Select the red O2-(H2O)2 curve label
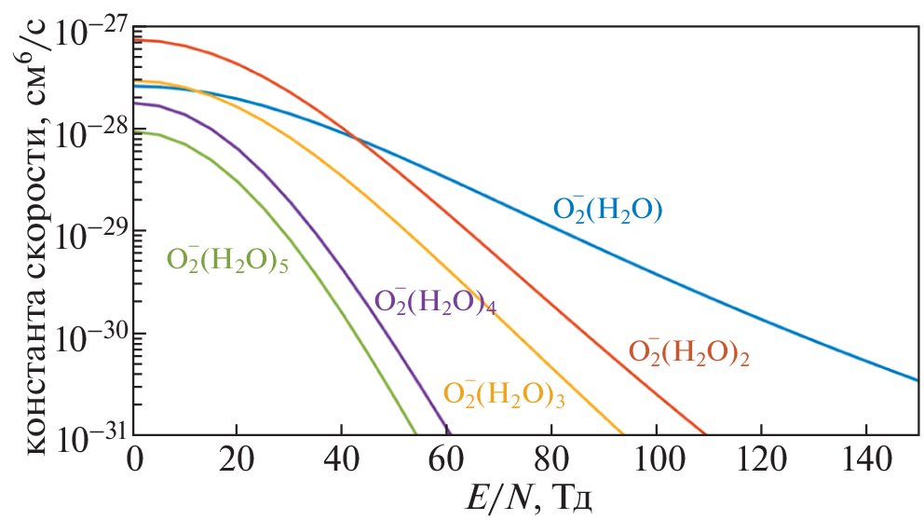(x=690, y=352)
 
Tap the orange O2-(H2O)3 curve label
(x=505, y=394)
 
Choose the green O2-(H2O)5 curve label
(x=227, y=259)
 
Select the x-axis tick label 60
(x=449, y=459)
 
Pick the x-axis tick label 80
(x=552, y=459)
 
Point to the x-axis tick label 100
(x=657, y=459)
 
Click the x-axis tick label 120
(x=761, y=459)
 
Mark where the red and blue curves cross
(x=357, y=138)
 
